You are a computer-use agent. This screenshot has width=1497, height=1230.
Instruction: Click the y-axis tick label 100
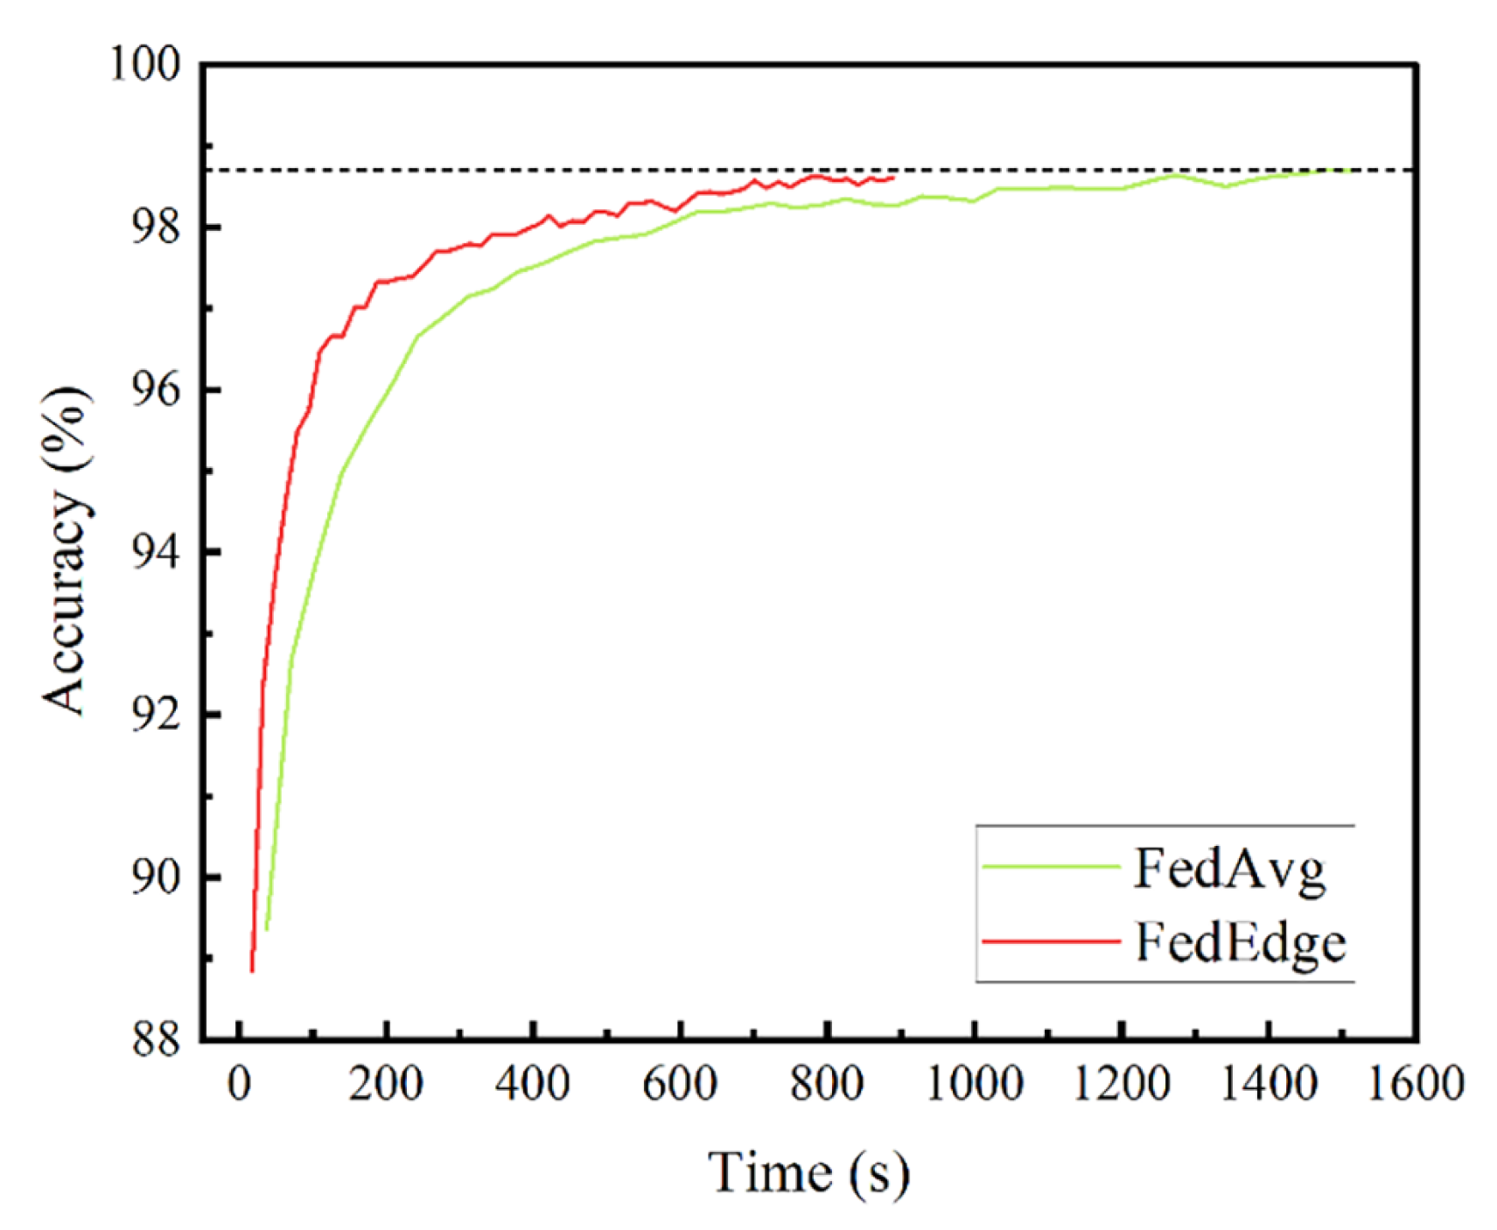pos(144,64)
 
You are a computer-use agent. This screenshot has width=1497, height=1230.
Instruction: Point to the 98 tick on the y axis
pos(156,227)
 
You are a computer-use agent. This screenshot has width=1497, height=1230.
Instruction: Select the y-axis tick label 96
pos(156,390)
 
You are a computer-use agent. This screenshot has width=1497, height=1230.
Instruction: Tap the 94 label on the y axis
pos(156,552)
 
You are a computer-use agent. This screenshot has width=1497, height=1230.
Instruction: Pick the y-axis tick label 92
pos(156,715)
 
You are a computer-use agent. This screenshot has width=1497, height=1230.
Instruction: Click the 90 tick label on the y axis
pos(156,877)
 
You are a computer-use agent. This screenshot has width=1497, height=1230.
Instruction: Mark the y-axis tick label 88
pos(156,1039)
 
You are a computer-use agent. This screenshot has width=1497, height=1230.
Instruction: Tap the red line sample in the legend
pos(1050,941)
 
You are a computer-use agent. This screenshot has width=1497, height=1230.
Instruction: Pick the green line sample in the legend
pos(1050,866)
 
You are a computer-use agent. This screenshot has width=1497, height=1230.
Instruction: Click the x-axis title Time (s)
pos(808,1173)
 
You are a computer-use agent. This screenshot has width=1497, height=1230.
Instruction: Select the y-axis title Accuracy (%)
pos(66,551)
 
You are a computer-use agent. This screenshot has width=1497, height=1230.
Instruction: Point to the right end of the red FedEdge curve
pos(892,178)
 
